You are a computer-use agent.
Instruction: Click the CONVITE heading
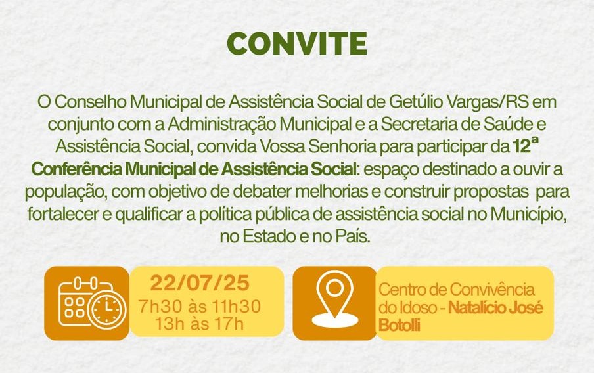pos(297,43)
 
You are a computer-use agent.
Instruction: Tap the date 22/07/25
pos(200,283)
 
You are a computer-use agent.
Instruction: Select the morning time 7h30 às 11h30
pos(199,307)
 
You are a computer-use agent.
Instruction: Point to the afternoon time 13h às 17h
pos(199,324)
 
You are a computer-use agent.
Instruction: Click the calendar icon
pos(92,302)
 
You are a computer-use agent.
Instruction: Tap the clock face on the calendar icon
pos(107,309)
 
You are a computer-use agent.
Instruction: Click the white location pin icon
pos(335,299)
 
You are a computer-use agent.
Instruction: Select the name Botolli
pos(400,325)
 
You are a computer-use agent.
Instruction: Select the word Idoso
pos(415,307)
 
